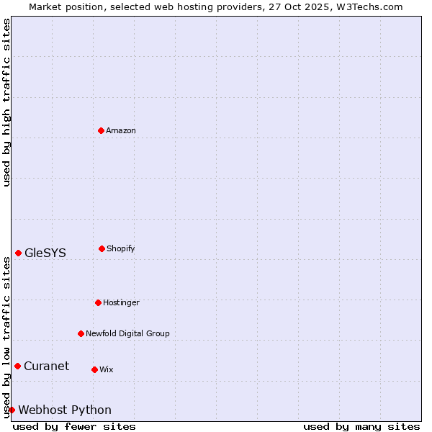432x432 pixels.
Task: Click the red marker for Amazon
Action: (x=101, y=130)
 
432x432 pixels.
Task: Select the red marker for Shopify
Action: (x=102, y=248)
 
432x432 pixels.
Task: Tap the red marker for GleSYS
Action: (x=18, y=253)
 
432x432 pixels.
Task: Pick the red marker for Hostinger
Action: (x=98, y=302)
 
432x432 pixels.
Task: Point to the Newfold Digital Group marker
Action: (x=81, y=333)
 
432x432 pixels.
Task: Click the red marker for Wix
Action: (x=94, y=369)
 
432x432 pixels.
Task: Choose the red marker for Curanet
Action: (x=17, y=366)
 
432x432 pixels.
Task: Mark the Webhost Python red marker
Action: (x=12, y=410)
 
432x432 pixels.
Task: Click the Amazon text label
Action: (x=121, y=130)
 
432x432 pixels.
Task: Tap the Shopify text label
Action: (x=121, y=248)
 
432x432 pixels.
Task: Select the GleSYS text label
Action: (x=45, y=253)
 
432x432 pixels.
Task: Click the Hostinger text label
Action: (x=121, y=302)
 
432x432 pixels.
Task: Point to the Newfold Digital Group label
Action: (x=128, y=333)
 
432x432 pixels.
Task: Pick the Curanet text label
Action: (x=47, y=366)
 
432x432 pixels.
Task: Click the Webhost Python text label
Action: (x=65, y=410)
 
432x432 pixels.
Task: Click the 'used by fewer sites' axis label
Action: (x=74, y=426)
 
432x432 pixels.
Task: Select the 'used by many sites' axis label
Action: (x=361, y=426)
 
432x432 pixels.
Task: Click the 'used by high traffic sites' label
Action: (x=7, y=102)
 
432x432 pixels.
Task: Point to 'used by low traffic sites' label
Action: (x=7, y=337)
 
